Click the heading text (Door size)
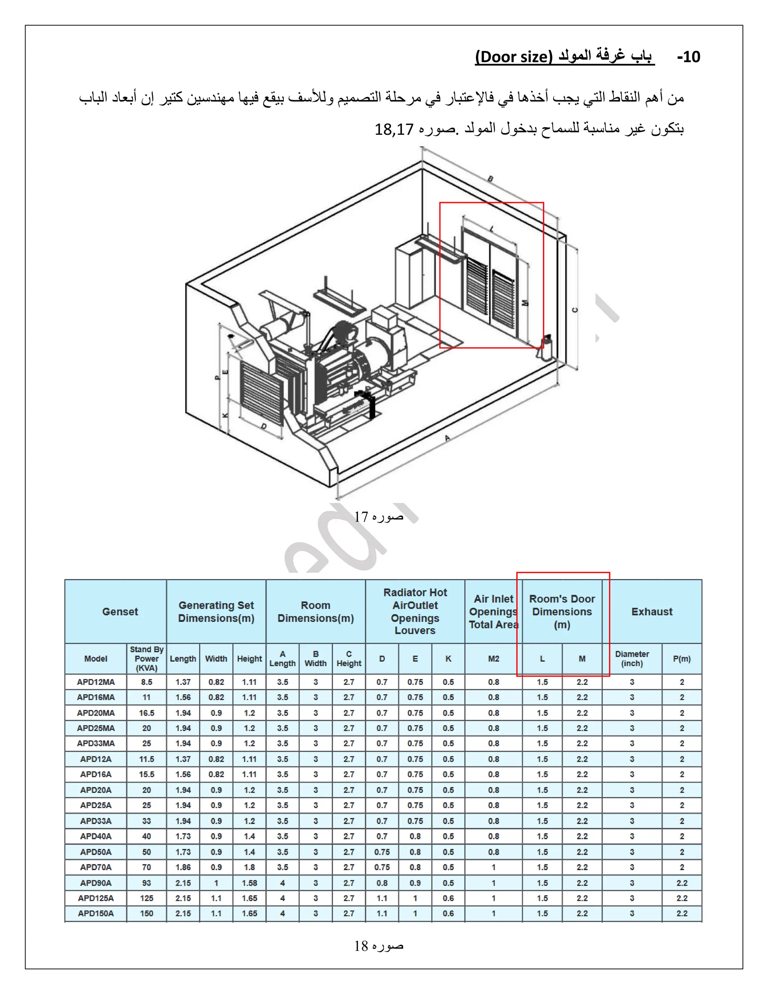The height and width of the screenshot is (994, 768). click(x=513, y=57)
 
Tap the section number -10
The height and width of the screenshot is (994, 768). click(x=688, y=57)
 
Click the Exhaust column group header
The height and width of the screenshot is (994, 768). click(x=651, y=612)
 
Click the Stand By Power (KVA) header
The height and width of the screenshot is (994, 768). click(x=147, y=659)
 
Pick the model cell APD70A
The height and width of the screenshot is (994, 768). click(x=96, y=867)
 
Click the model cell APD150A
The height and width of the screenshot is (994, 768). click(x=96, y=913)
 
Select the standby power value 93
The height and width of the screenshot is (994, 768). click(x=147, y=883)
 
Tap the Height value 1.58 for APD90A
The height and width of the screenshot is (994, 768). click(x=249, y=883)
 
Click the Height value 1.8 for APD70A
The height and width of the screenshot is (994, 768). click(x=249, y=867)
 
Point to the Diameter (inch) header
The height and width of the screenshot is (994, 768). click(x=632, y=659)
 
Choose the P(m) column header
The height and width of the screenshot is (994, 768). click(x=681, y=659)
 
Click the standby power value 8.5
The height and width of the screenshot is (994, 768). click(x=147, y=682)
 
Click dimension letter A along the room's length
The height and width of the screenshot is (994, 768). click(x=448, y=438)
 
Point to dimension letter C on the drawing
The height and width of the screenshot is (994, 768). click(x=574, y=310)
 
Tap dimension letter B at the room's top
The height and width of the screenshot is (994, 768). click(x=490, y=179)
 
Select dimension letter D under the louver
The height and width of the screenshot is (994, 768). click(x=264, y=426)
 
